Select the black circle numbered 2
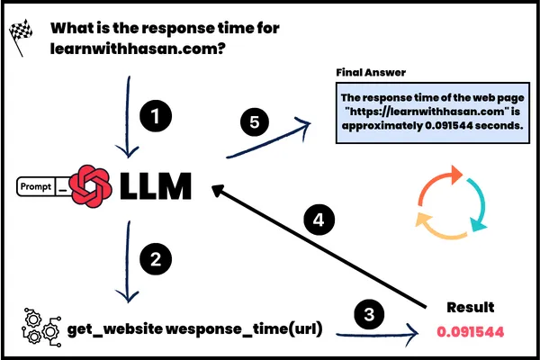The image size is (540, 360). (156, 261)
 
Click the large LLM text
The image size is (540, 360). (154, 187)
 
